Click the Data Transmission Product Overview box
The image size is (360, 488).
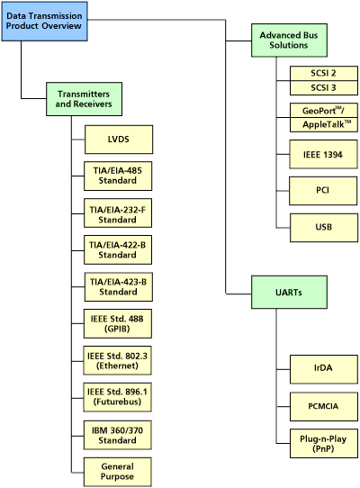[45, 22]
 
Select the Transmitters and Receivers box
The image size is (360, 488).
[84, 98]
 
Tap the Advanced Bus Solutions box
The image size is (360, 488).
[289, 40]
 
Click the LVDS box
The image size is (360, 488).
[118, 139]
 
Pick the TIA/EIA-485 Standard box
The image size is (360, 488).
[118, 176]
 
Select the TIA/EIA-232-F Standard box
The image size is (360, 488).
[118, 212]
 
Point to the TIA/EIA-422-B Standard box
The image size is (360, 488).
[118, 249]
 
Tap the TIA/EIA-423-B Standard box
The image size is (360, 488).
[118, 286]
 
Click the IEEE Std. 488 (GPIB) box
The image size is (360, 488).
[118, 324]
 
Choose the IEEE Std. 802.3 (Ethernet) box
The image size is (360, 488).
[118, 361]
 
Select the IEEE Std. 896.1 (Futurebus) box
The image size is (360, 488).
[118, 398]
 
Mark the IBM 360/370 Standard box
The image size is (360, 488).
[118, 435]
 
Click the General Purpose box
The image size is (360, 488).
[118, 472]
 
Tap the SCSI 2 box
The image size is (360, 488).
[323, 73]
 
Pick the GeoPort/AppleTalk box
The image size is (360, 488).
[323, 117]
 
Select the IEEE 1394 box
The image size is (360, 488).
[323, 154]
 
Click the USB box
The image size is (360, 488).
[323, 227]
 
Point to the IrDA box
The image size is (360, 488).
[323, 368]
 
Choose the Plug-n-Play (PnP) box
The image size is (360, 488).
[323, 442]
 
